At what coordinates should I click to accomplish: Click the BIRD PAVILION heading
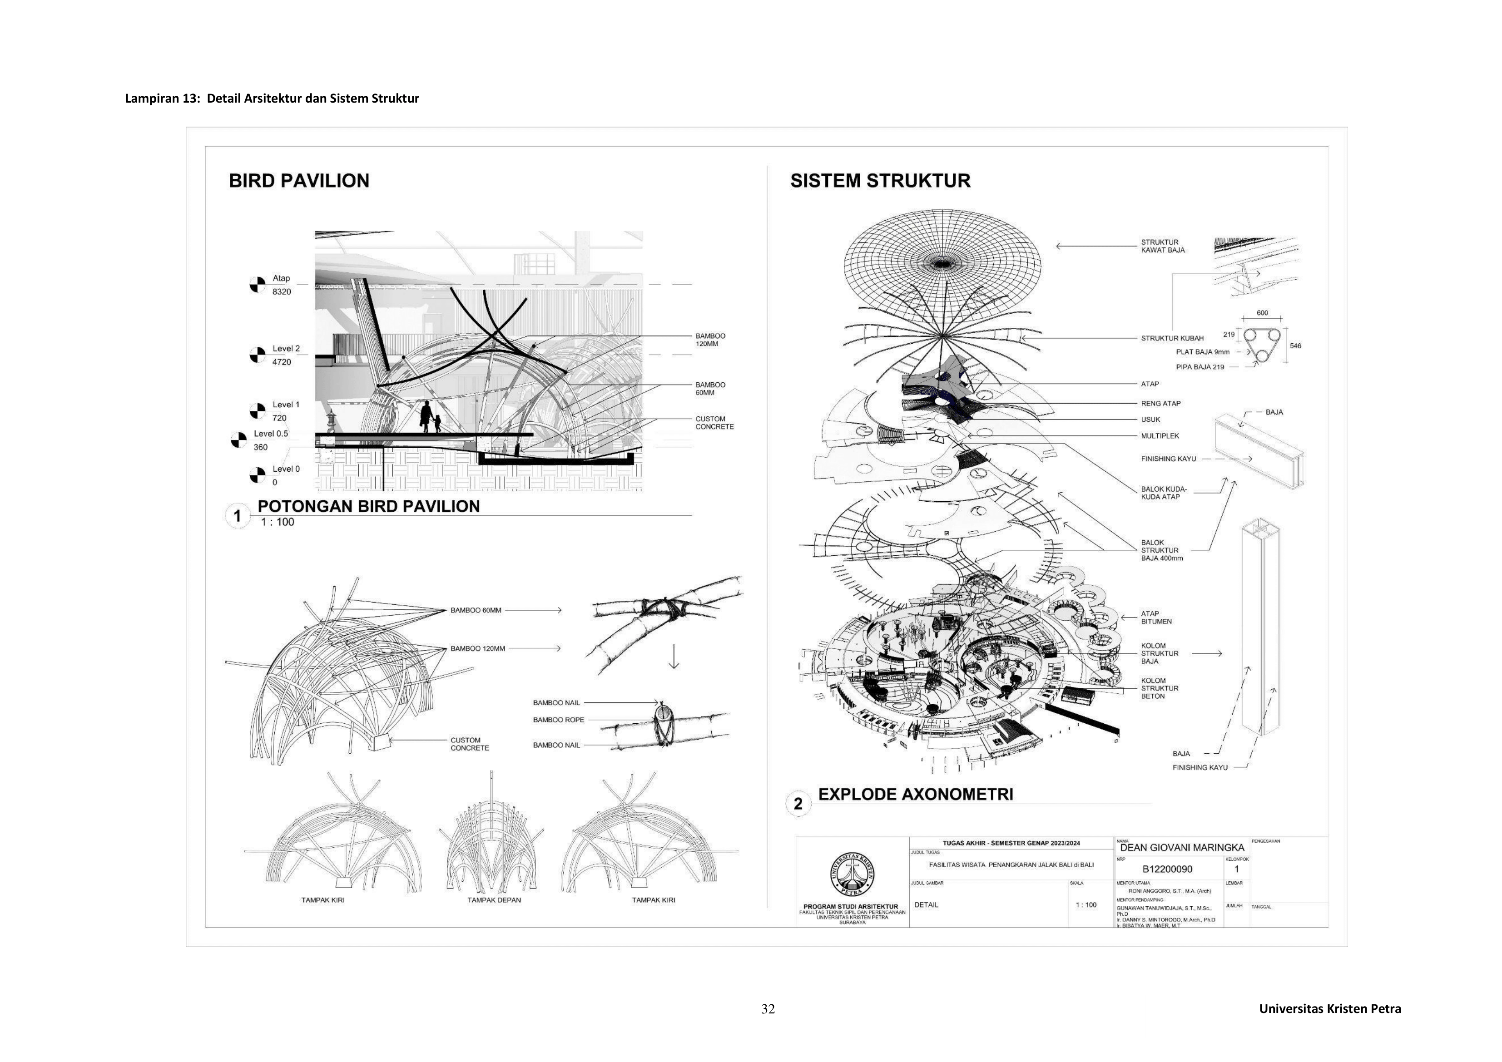click(x=299, y=181)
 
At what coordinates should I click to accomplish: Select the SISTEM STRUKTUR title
click(x=880, y=181)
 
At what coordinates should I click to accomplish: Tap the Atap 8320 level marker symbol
click(x=257, y=285)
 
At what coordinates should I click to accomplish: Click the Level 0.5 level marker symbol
click(x=239, y=440)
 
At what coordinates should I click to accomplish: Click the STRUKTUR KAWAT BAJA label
click(x=1162, y=246)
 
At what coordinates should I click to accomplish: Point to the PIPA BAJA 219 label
click(x=1200, y=367)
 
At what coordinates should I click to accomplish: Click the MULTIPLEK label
click(x=1160, y=435)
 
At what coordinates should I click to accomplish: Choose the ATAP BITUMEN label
click(x=1156, y=617)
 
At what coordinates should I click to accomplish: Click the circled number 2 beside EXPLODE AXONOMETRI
click(x=798, y=804)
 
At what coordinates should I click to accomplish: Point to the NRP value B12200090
click(x=1167, y=869)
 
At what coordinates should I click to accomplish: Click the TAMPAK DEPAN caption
click(x=494, y=900)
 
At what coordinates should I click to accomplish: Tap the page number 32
click(x=768, y=1009)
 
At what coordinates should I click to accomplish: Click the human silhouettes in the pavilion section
click(x=430, y=417)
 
